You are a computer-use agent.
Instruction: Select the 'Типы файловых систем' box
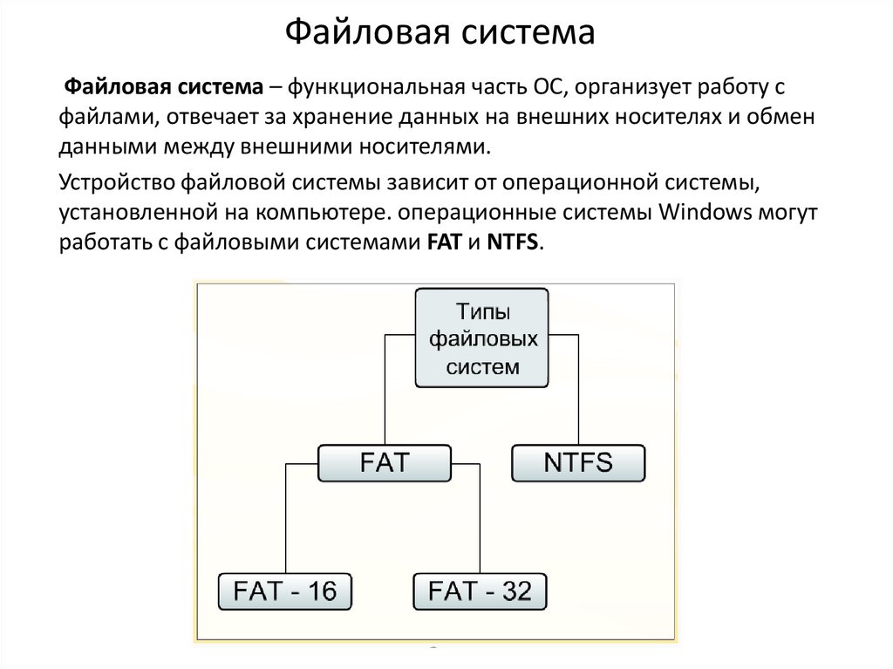click(x=482, y=338)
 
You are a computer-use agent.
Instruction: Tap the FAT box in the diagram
click(x=384, y=462)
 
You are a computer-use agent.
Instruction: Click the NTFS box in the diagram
click(x=578, y=462)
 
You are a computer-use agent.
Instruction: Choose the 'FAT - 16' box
click(x=284, y=591)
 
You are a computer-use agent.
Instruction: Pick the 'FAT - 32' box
click(x=481, y=591)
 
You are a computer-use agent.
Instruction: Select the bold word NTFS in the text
click(x=513, y=242)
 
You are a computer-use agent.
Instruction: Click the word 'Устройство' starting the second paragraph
click(x=117, y=184)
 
